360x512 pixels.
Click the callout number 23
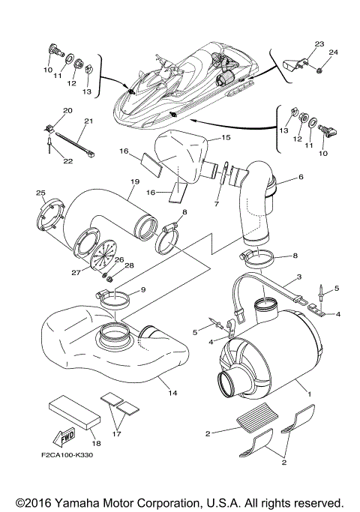tap(319, 44)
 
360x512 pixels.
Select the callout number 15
tap(226, 139)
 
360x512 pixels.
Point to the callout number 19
tap(136, 182)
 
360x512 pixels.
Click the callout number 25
tap(41, 194)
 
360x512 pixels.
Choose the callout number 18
tap(94, 433)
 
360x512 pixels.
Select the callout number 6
tap(300, 178)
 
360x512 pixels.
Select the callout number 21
tap(88, 121)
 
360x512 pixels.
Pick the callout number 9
tap(143, 289)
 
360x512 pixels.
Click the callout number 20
tap(67, 111)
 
